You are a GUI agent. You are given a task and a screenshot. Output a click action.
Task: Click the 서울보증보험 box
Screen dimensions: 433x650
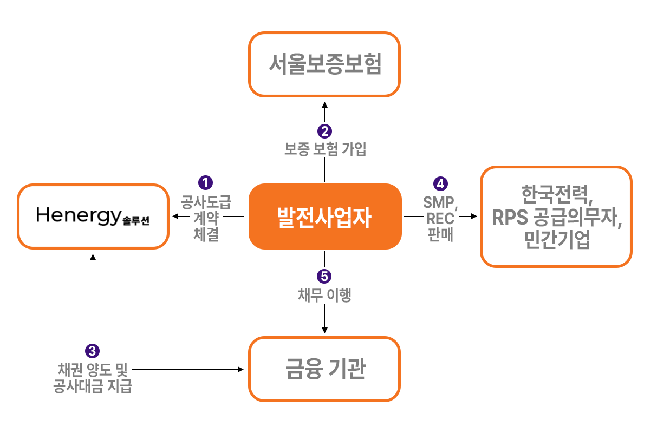tap(324, 64)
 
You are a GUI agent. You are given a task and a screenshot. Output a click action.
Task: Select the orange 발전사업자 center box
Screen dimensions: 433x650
tap(324, 216)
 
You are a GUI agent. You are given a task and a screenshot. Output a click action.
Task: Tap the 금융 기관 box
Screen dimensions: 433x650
tap(324, 369)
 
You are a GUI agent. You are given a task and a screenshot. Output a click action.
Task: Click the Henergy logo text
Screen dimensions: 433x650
tap(78, 216)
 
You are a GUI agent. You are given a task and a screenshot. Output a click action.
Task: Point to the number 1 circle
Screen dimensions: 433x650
tap(205, 181)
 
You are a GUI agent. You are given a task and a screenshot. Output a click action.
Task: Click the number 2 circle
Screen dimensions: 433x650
tap(324, 131)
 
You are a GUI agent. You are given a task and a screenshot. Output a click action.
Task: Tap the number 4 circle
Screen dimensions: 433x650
tap(441, 182)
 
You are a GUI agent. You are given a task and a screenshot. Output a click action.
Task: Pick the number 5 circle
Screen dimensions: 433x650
tap(324, 276)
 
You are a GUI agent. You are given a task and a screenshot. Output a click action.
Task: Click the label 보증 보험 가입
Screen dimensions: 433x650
tap(325, 149)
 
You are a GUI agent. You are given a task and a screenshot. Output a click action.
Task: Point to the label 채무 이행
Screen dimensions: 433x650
tap(324, 295)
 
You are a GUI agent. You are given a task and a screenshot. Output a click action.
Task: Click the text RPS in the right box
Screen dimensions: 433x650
tap(509, 217)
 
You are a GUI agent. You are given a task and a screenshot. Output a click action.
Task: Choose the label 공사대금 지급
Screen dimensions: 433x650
tap(93, 387)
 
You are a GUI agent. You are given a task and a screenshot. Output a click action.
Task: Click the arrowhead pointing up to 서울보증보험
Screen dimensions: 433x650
tap(324, 104)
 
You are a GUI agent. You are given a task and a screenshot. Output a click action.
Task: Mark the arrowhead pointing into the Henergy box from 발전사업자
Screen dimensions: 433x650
tap(174, 216)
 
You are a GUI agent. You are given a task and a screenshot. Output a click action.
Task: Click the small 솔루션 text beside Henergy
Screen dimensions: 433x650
tap(136, 221)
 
